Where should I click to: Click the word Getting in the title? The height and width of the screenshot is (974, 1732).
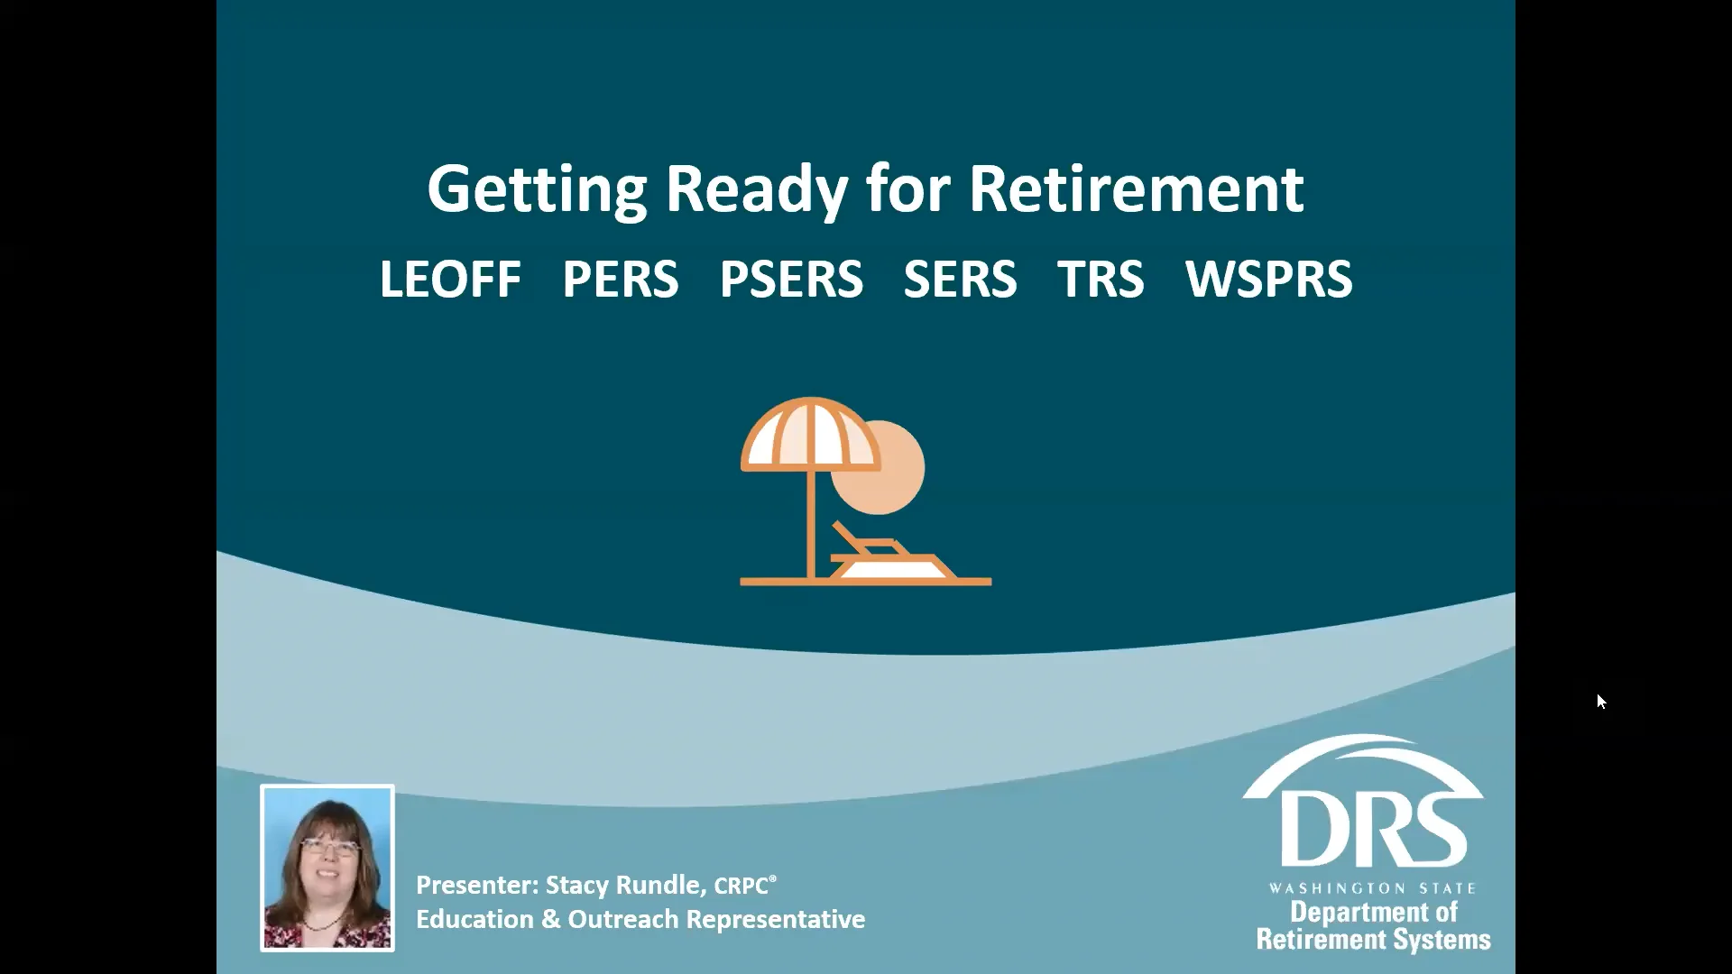point(537,189)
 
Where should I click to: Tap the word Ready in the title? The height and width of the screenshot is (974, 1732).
point(756,189)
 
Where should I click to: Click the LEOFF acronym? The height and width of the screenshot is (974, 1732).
point(450,279)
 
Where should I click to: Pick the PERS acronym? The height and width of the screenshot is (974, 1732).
point(620,279)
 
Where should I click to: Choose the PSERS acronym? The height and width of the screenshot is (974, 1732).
point(791,279)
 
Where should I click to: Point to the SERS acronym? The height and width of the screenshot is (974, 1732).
point(960,279)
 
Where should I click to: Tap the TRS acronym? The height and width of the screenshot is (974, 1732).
point(1101,279)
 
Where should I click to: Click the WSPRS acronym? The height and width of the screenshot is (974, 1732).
point(1268,279)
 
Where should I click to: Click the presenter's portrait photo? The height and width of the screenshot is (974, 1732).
point(327,868)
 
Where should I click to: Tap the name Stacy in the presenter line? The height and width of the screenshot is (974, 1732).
point(577,886)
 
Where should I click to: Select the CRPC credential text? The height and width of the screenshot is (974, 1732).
point(742,887)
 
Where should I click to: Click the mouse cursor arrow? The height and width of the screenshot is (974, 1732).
point(1601,702)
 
